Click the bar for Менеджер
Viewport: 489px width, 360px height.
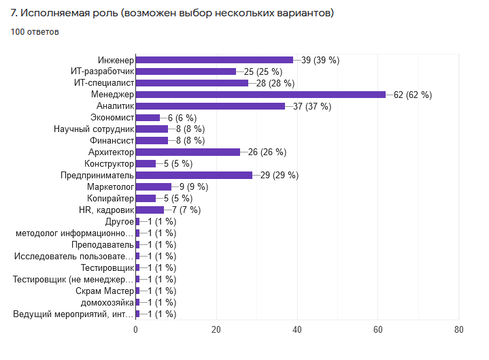click(x=260, y=95)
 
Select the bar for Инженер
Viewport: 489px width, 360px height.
click(x=214, y=60)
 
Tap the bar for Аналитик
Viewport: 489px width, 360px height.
click(x=210, y=106)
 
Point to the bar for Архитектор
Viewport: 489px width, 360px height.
click(x=188, y=152)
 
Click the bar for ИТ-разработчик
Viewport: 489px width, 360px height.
click(x=186, y=71)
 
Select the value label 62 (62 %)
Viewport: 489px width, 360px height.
click(x=413, y=95)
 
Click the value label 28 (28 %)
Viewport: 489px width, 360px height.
click(x=275, y=83)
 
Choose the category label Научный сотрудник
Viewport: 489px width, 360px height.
click(x=94, y=129)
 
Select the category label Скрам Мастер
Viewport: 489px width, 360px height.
click(x=105, y=291)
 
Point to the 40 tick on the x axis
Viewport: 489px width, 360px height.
click(x=297, y=329)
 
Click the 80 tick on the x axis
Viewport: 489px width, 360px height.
click(x=459, y=329)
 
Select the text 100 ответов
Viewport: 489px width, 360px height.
click(x=35, y=31)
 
